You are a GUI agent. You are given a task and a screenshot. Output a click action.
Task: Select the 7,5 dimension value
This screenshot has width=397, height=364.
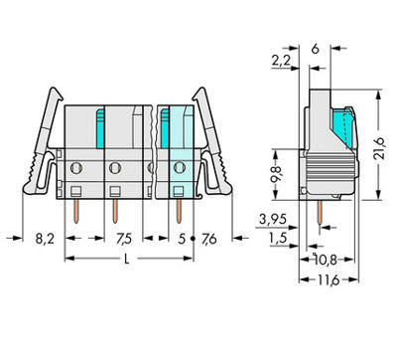point(124,238)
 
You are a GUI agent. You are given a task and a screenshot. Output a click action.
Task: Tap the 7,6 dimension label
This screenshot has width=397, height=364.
point(208,238)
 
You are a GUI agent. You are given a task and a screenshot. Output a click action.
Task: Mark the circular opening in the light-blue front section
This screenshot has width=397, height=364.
point(179,167)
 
